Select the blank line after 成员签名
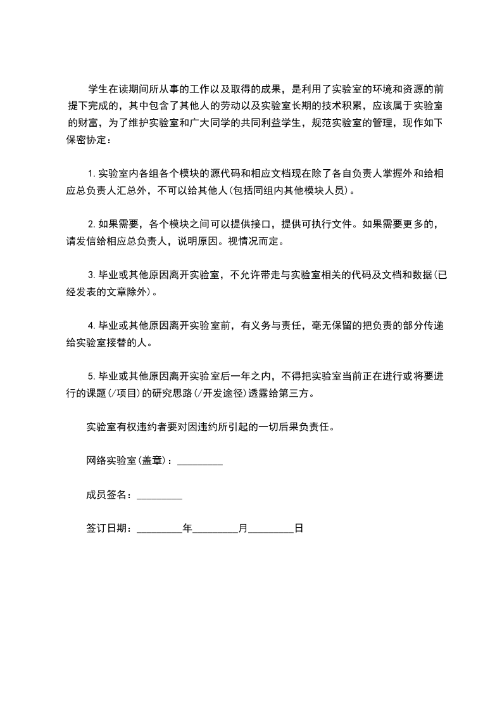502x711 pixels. tap(160, 496)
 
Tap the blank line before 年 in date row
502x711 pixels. tap(160, 529)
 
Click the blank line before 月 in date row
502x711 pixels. tap(215, 529)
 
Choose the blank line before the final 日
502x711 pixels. tap(272, 529)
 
